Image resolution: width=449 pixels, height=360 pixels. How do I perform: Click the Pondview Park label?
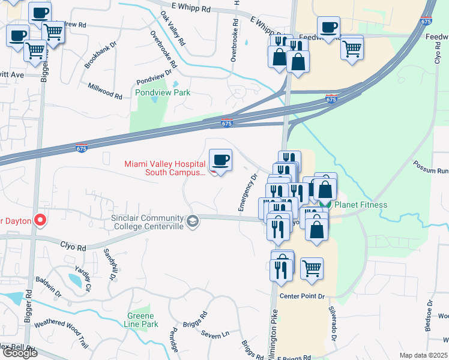163,92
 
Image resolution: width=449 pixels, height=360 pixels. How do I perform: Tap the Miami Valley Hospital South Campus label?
164,168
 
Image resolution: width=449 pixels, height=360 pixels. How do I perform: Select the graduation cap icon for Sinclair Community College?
193,221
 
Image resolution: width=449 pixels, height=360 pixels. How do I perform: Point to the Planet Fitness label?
360,205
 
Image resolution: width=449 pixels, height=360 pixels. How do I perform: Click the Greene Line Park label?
141,320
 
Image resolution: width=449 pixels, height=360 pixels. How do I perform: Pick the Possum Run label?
431,166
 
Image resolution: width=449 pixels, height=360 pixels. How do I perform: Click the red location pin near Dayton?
41,220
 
